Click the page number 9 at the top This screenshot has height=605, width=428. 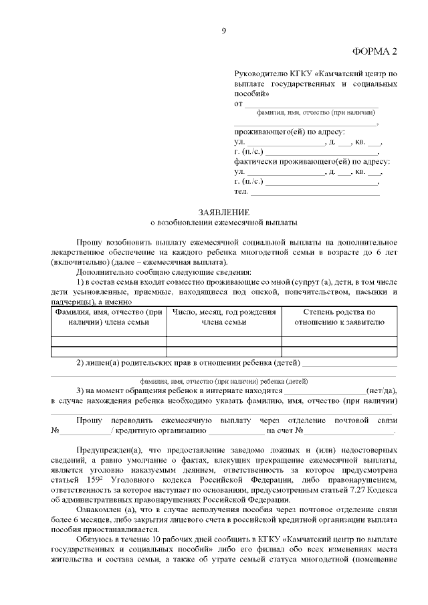224,30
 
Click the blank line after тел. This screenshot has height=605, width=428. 314,192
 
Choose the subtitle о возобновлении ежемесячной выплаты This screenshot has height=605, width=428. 223,221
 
